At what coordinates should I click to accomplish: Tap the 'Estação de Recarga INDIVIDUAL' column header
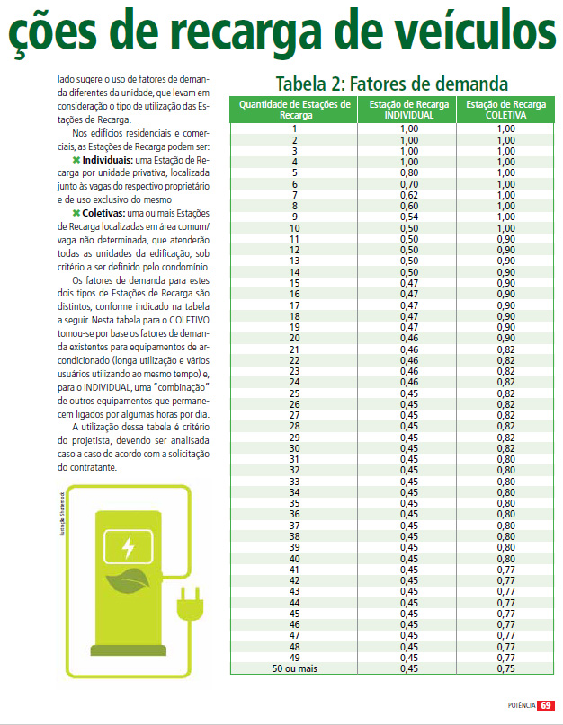[409, 111]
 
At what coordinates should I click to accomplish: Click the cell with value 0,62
[409, 194]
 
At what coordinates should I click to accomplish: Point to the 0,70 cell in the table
[409, 183]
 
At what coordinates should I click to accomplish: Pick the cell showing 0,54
[409, 217]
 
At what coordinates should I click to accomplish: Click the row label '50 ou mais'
[294, 668]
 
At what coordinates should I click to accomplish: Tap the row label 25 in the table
[294, 393]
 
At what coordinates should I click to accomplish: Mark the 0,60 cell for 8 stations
[409, 206]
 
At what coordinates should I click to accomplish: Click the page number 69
[546, 706]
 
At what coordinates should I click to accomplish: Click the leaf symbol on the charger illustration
[130, 581]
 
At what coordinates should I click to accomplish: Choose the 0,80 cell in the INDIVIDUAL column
[409, 172]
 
